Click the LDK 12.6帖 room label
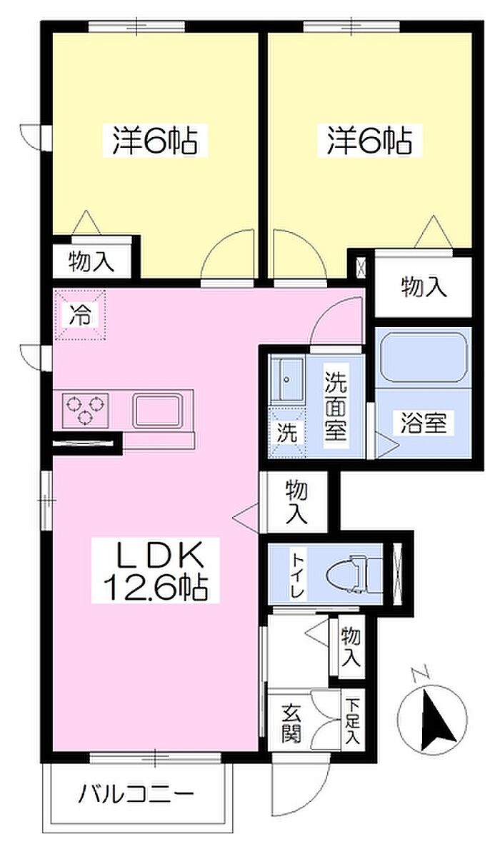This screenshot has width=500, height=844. (x=156, y=570)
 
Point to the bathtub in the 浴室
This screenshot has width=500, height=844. (x=423, y=358)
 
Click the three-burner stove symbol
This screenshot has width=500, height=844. (x=85, y=410)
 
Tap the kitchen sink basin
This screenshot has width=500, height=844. (x=156, y=411)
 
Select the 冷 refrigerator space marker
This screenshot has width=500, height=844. (x=80, y=315)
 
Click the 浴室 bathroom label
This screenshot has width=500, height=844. (x=423, y=423)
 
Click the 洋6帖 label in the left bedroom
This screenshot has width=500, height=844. (x=155, y=141)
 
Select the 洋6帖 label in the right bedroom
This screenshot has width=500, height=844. (x=370, y=141)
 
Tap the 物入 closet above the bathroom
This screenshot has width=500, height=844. (x=424, y=288)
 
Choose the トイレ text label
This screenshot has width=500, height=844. (x=297, y=574)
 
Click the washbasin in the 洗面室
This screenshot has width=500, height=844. (x=286, y=379)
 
